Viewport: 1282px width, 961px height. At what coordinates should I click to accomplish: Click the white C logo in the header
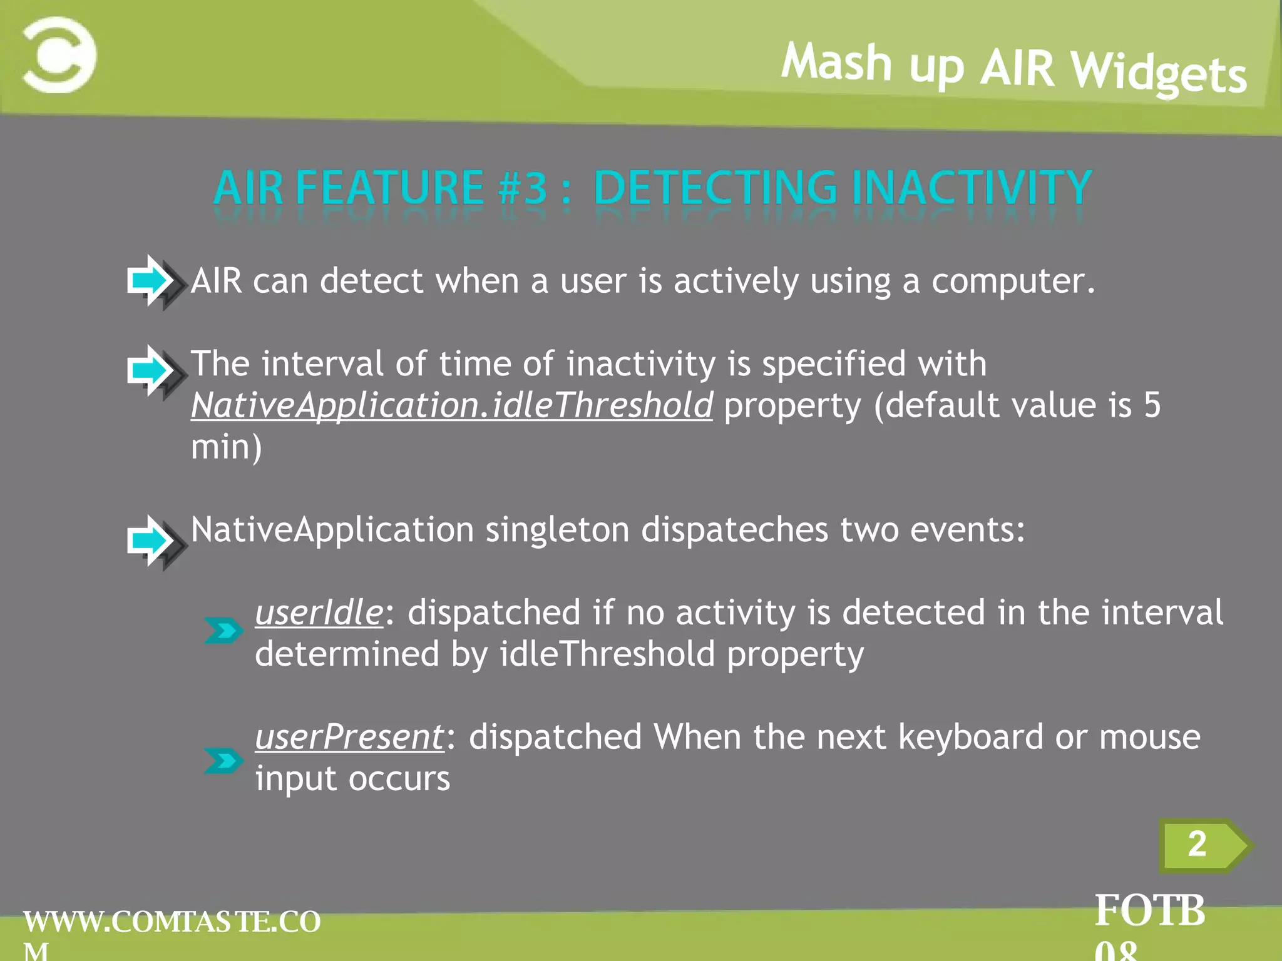pyautogui.click(x=59, y=55)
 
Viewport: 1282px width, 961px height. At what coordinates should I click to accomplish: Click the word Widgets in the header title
pyautogui.click(x=1158, y=73)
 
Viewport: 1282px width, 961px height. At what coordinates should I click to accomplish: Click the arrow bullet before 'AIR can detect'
pyautogui.click(x=153, y=282)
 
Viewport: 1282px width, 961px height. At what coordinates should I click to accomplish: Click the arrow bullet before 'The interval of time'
pyautogui.click(x=153, y=371)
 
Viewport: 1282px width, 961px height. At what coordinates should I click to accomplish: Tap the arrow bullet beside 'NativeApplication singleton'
pyautogui.click(x=153, y=541)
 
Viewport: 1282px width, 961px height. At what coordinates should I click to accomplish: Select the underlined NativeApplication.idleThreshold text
pyautogui.click(x=451, y=405)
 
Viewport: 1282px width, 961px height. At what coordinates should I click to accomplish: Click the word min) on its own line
pyautogui.click(x=226, y=447)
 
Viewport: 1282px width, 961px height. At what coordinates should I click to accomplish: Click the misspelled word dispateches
pyautogui.click(x=734, y=530)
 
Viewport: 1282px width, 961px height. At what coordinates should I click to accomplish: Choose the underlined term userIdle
pyautogui.click(x=319, y=613)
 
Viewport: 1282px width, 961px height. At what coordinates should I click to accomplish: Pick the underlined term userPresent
pyautogui.click(x=349, y=737)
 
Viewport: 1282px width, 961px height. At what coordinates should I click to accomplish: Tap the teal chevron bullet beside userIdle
pyautogui.click(x=223, y=631)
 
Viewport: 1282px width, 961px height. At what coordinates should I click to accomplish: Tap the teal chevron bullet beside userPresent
pyautogui.click(x=223, y=761)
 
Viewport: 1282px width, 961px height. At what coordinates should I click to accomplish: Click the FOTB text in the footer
pyautogui.click(x=1149, y=910)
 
